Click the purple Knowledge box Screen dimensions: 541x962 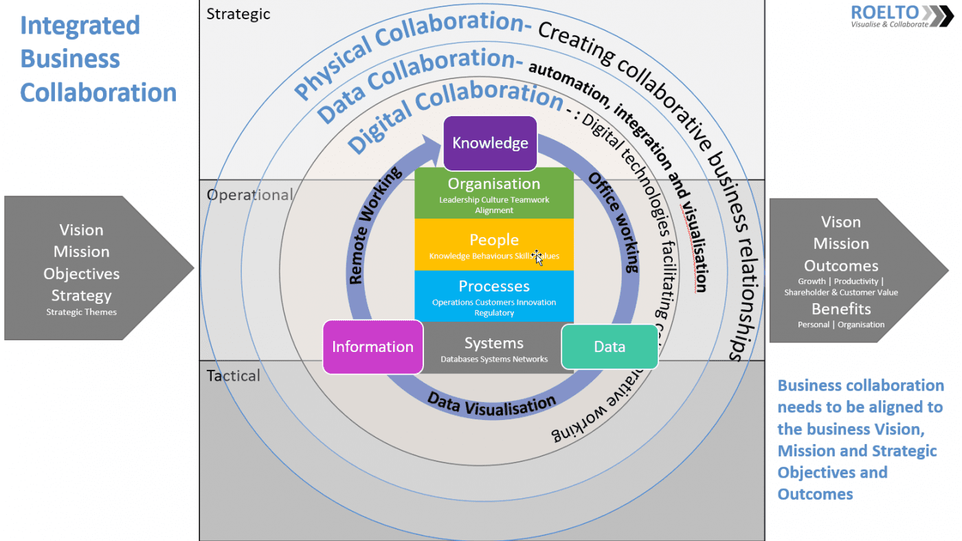(490, 143)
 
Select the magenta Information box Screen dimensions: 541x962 (372, 346)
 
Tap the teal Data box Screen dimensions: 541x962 (609, 346)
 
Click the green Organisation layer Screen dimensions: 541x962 (494, 193)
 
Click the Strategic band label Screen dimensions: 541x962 (238, 14)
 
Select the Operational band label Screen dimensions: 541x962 (249, 195)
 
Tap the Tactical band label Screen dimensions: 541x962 (234, 375)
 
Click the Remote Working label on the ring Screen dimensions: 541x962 (376, 226)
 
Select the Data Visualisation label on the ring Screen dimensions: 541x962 (491, 405)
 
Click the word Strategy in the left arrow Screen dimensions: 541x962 (81, 296)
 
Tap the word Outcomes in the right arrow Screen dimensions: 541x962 (841, 266)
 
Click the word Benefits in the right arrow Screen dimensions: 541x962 (841, 309)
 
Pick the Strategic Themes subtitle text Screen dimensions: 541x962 (81, 312)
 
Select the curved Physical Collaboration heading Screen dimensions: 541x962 (405, 52)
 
